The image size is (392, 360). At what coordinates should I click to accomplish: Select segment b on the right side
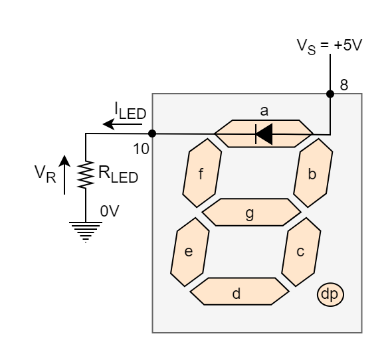coord(313,174)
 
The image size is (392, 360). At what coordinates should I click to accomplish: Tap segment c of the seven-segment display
coord(300,252)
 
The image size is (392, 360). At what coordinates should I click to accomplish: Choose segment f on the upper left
coord(201,174)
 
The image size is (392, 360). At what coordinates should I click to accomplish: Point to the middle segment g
coord(250,213)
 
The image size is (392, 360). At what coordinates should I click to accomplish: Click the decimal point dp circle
coord(330,294)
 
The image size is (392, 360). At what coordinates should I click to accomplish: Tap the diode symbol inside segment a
coord(264,134)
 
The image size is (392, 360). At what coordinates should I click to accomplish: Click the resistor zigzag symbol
coord(86,175)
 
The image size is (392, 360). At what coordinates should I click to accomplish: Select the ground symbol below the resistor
coord(86,229)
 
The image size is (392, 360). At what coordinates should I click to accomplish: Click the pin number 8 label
coord(343,85)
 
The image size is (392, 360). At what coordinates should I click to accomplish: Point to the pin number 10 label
coord(141,149)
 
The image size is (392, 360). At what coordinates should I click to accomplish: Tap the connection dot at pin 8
coord(330,94)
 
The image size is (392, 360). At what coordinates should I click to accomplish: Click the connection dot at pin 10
coord(153,134)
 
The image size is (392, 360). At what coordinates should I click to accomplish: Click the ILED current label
coord(130,110)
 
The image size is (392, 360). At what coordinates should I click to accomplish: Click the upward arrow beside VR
coord(64,174)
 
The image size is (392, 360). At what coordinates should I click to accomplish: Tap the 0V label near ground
coord(109,211)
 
